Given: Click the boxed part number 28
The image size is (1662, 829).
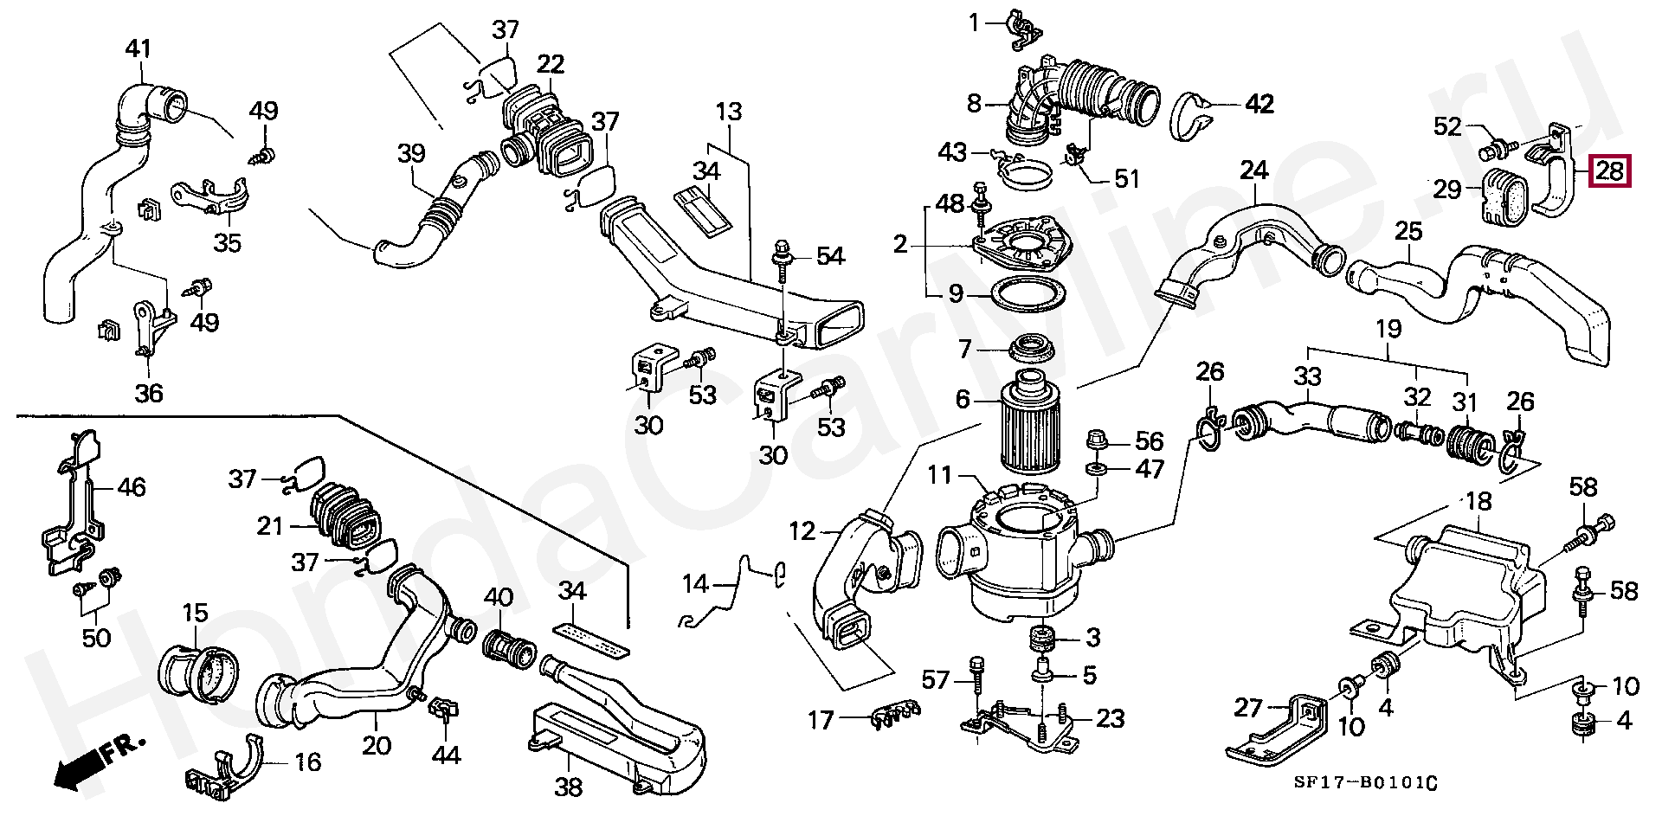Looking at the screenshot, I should click(x=1608, y=170).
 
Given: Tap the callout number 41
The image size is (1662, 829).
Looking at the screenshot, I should click(x=138, y=49).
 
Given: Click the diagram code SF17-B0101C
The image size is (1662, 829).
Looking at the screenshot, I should click(x=1365, y=784).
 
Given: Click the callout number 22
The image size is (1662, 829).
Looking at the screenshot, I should click(x=551, y=64).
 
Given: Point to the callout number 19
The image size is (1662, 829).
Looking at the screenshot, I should click(x=1388, y=329).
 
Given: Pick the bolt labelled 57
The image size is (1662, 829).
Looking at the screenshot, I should click(x=977, y=692).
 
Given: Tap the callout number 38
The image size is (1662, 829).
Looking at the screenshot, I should click(x=569, y=787).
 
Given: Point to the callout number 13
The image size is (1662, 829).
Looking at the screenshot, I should click(x=729, y=112).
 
